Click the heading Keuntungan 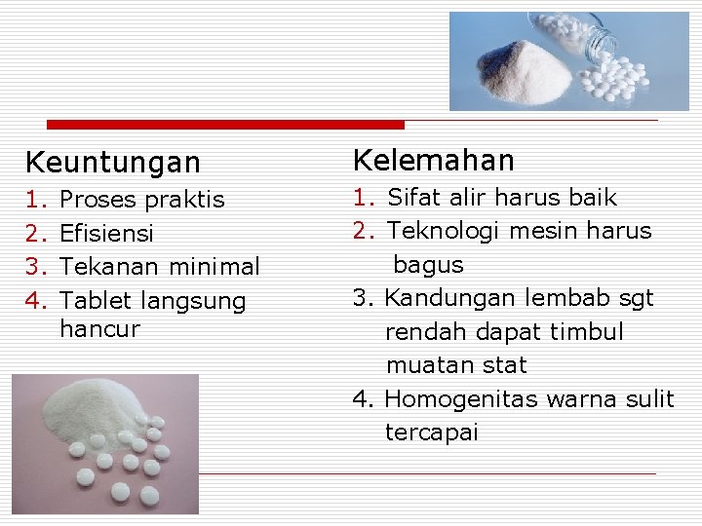[x=112, y=162]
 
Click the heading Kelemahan [x=433, y=160]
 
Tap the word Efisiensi [x=106, y=234]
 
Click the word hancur [x=98, y=329]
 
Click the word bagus [x=428, y=265]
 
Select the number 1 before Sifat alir [x=364, y=198]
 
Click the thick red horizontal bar [x=225, y=125]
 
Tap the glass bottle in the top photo [x=591, y=40]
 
